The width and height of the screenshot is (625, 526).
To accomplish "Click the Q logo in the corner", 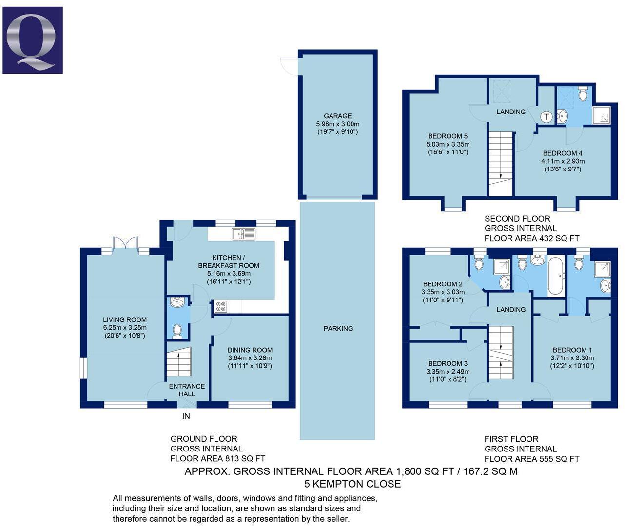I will click(33, 40).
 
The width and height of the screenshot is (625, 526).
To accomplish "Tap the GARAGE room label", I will click(338, 116).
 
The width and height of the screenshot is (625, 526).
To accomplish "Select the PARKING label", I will click(338, 329).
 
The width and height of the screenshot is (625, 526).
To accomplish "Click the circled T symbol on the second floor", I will click(546, 117).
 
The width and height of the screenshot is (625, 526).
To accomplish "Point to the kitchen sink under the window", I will click(244, 234).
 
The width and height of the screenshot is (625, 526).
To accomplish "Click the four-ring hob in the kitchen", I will click(220, 306).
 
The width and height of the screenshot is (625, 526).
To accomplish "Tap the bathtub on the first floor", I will click(555, 277).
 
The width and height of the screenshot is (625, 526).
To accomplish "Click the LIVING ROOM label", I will click(125, 320).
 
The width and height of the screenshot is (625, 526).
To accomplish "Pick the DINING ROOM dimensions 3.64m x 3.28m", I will click(250, 358).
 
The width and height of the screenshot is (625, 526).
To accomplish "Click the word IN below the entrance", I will click(186, 416).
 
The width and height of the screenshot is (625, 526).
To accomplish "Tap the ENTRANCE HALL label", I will click(187, 390).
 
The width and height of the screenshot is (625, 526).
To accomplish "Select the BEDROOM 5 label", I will click(448, 136).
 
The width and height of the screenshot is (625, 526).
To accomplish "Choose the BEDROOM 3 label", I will click(448, 363).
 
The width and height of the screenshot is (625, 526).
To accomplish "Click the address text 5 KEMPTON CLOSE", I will click(352, 484).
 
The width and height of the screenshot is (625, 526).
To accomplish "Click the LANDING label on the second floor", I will click(511, 112).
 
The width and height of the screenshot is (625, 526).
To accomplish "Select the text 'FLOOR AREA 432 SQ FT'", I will click(531, 238).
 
